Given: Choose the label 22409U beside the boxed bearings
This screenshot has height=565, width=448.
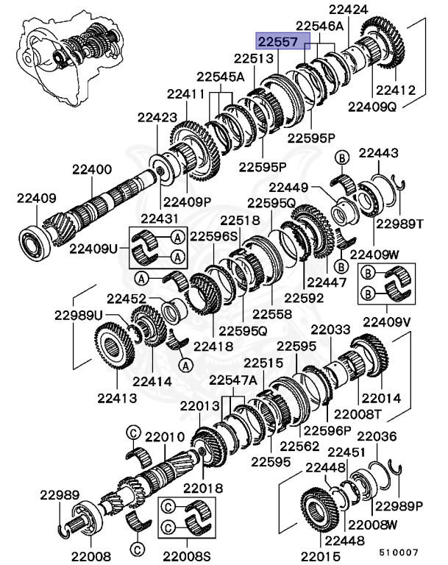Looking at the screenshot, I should click(93, 248).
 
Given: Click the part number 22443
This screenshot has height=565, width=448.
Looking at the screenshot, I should click(379, 153).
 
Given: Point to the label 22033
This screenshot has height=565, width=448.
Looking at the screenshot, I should click(330, 330).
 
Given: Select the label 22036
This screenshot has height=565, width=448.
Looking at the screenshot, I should click(377, 436).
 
